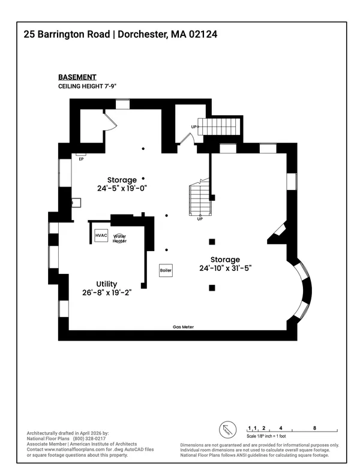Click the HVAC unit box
101,236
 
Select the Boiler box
166,271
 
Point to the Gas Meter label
183,327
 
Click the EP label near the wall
81,159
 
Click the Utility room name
107,284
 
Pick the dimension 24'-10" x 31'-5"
225,269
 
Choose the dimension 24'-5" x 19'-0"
122,188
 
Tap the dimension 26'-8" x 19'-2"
107,293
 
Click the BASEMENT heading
77,77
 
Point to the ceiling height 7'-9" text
87,86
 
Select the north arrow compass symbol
226,430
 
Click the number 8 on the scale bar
315,428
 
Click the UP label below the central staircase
200,219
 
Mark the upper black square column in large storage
212,242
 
